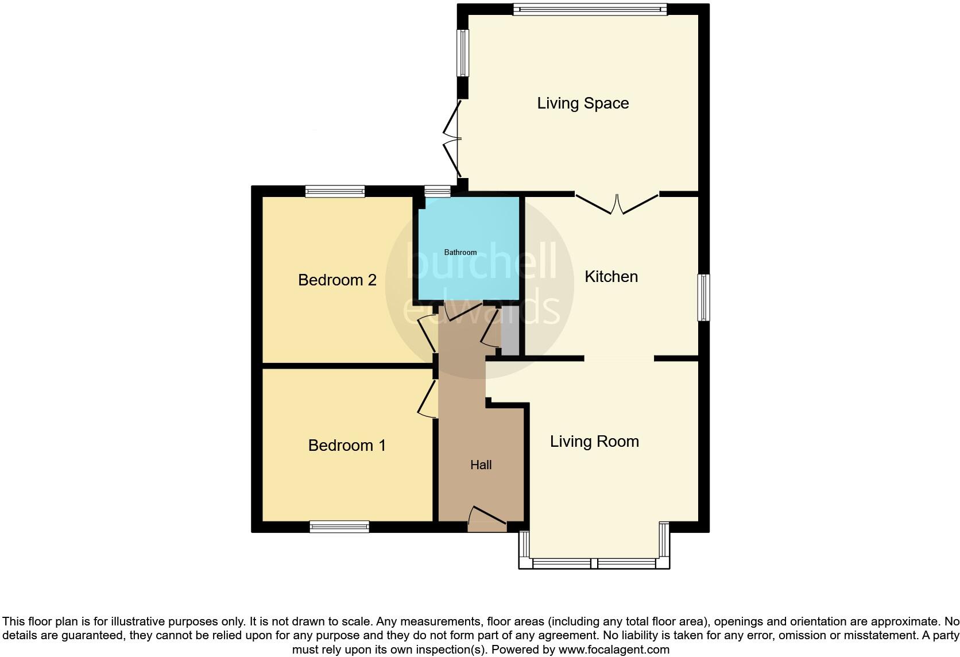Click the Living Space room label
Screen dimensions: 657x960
pos(583,103)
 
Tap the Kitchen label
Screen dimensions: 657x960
pos(611,277)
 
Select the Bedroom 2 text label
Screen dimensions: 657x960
pos(337,280)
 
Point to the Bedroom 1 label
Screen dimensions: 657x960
pos(347,446)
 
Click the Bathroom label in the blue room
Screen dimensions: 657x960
pos(460,253)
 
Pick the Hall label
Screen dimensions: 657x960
pos(481,465)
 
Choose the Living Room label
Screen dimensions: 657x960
pos(594,442)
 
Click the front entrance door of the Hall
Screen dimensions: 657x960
pos(487,517)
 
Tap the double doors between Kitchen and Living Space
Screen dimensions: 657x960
pos(617,204)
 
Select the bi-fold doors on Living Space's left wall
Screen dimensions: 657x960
pos(452,139)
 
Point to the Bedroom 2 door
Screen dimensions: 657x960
pos(427,333)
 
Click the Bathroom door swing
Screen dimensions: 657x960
pos(463,311)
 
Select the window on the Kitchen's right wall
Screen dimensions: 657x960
pos(703,297)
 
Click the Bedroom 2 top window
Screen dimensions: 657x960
pos(335,191)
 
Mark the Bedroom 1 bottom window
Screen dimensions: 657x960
pos(339,527)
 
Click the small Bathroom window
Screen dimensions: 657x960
pos(438,191)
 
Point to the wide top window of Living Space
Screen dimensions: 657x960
pos(590,9)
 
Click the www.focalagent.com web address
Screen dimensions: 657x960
pos(613,650)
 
